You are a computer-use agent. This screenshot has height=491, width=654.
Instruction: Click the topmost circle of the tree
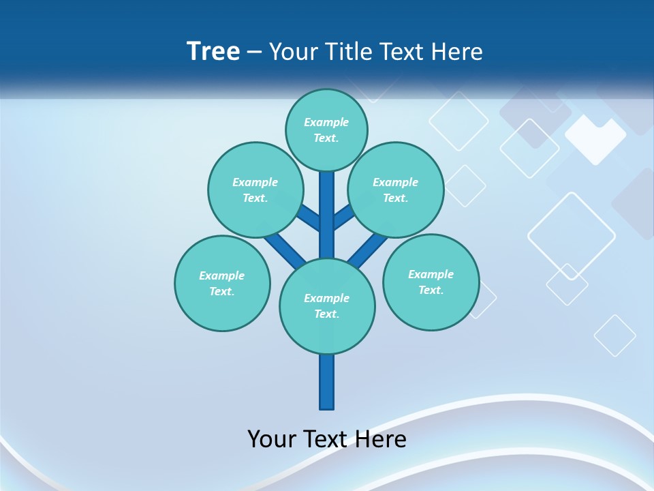coord(326,130)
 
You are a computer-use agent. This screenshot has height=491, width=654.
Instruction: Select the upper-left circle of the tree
coord(255,190)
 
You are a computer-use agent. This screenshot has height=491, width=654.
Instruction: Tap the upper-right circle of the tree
coord(396,190)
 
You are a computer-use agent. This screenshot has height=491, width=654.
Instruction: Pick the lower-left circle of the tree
coord(222,283)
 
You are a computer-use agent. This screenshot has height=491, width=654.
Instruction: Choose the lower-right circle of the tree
coord(431,282)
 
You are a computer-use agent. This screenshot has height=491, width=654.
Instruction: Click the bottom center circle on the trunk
coord(327,306)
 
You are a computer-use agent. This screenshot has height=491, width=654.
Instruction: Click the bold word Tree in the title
coord(213,51)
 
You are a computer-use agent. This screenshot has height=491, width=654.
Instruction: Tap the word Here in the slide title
coord(457,51)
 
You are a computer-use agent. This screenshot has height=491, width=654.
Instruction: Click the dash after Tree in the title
coord(254,52)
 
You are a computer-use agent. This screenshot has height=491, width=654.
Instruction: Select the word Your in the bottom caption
coord(271,439)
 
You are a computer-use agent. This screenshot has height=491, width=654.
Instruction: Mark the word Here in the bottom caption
coord(381,439)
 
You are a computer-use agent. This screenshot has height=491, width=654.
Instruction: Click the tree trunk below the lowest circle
coord(327,382)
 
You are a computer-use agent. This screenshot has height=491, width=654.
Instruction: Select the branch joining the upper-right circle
coord(343,216)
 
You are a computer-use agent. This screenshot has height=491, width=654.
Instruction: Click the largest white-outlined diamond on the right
coord(571,236)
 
